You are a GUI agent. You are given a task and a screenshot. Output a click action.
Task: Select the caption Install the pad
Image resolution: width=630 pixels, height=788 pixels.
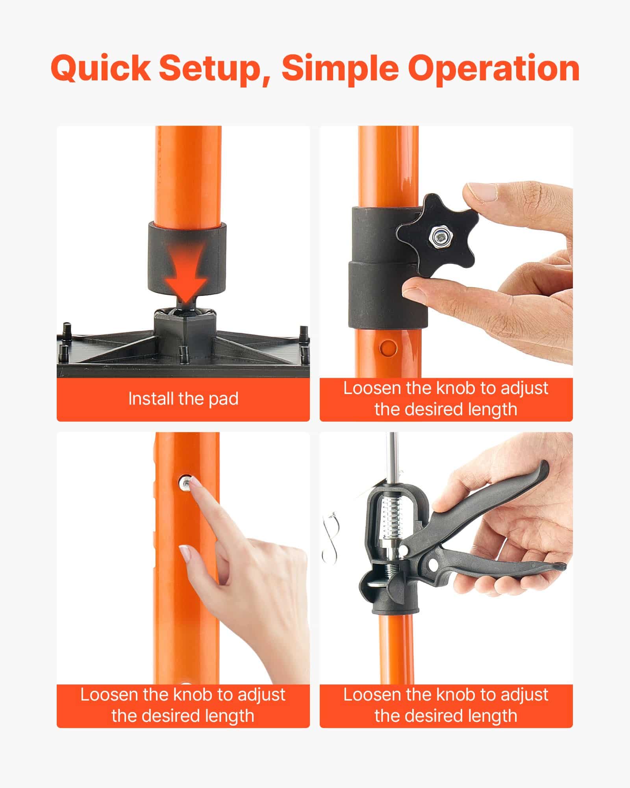[183, 399]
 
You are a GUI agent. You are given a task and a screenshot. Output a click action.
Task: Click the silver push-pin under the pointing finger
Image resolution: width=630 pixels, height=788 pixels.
[185, 482]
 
